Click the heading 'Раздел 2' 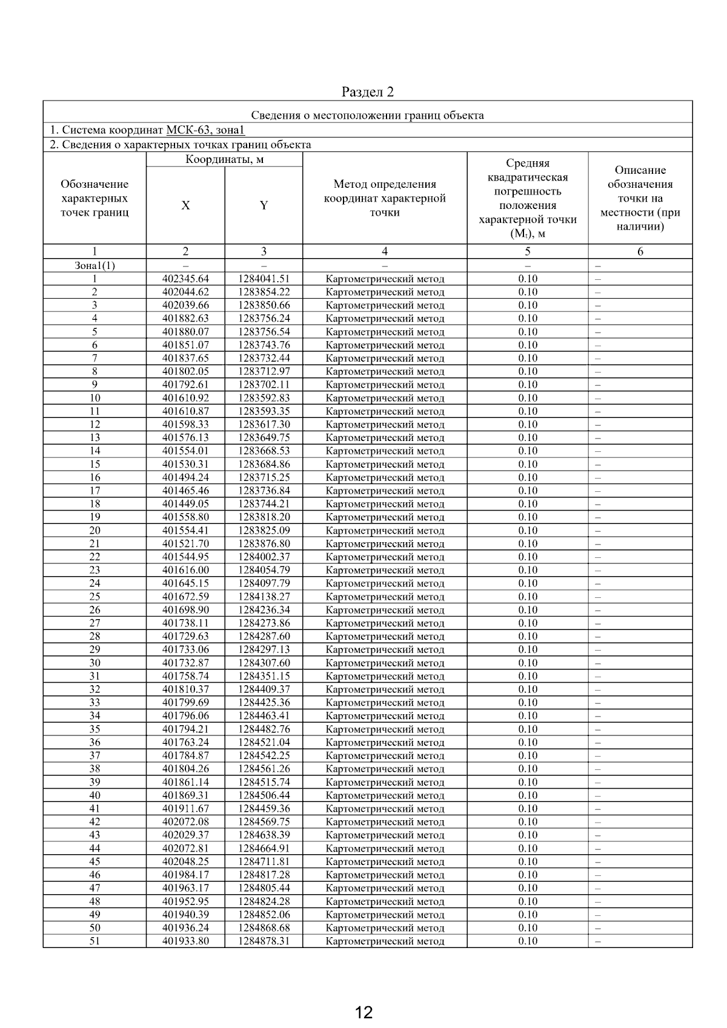click(x=367, y=92)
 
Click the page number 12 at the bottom click(x=363, y=1012)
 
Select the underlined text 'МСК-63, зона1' click(x=205, y=130)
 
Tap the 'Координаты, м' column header click(x=224, y=160)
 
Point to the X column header click(x=185, y=205)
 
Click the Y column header click(x=264, y=205)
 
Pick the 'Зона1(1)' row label click(x=95, y=265)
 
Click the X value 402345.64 click(x=185, y=279)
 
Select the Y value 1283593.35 click(x=264, y=411)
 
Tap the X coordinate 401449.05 click(x=185, y=504)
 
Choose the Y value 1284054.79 click(x=264, y=570)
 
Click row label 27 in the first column click(x=95, y=623)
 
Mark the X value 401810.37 click(x=185, y=689)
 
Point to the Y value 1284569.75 click(x=264, y=822)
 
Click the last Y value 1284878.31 click(x=264, y=941)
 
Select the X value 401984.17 click(x=185, y=875)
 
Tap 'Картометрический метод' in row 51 click(x=385, y=941)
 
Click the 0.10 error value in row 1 click(x=528, y=279)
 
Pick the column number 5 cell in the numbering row click(x=528, y=251)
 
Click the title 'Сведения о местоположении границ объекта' click(x=367, y=115)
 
